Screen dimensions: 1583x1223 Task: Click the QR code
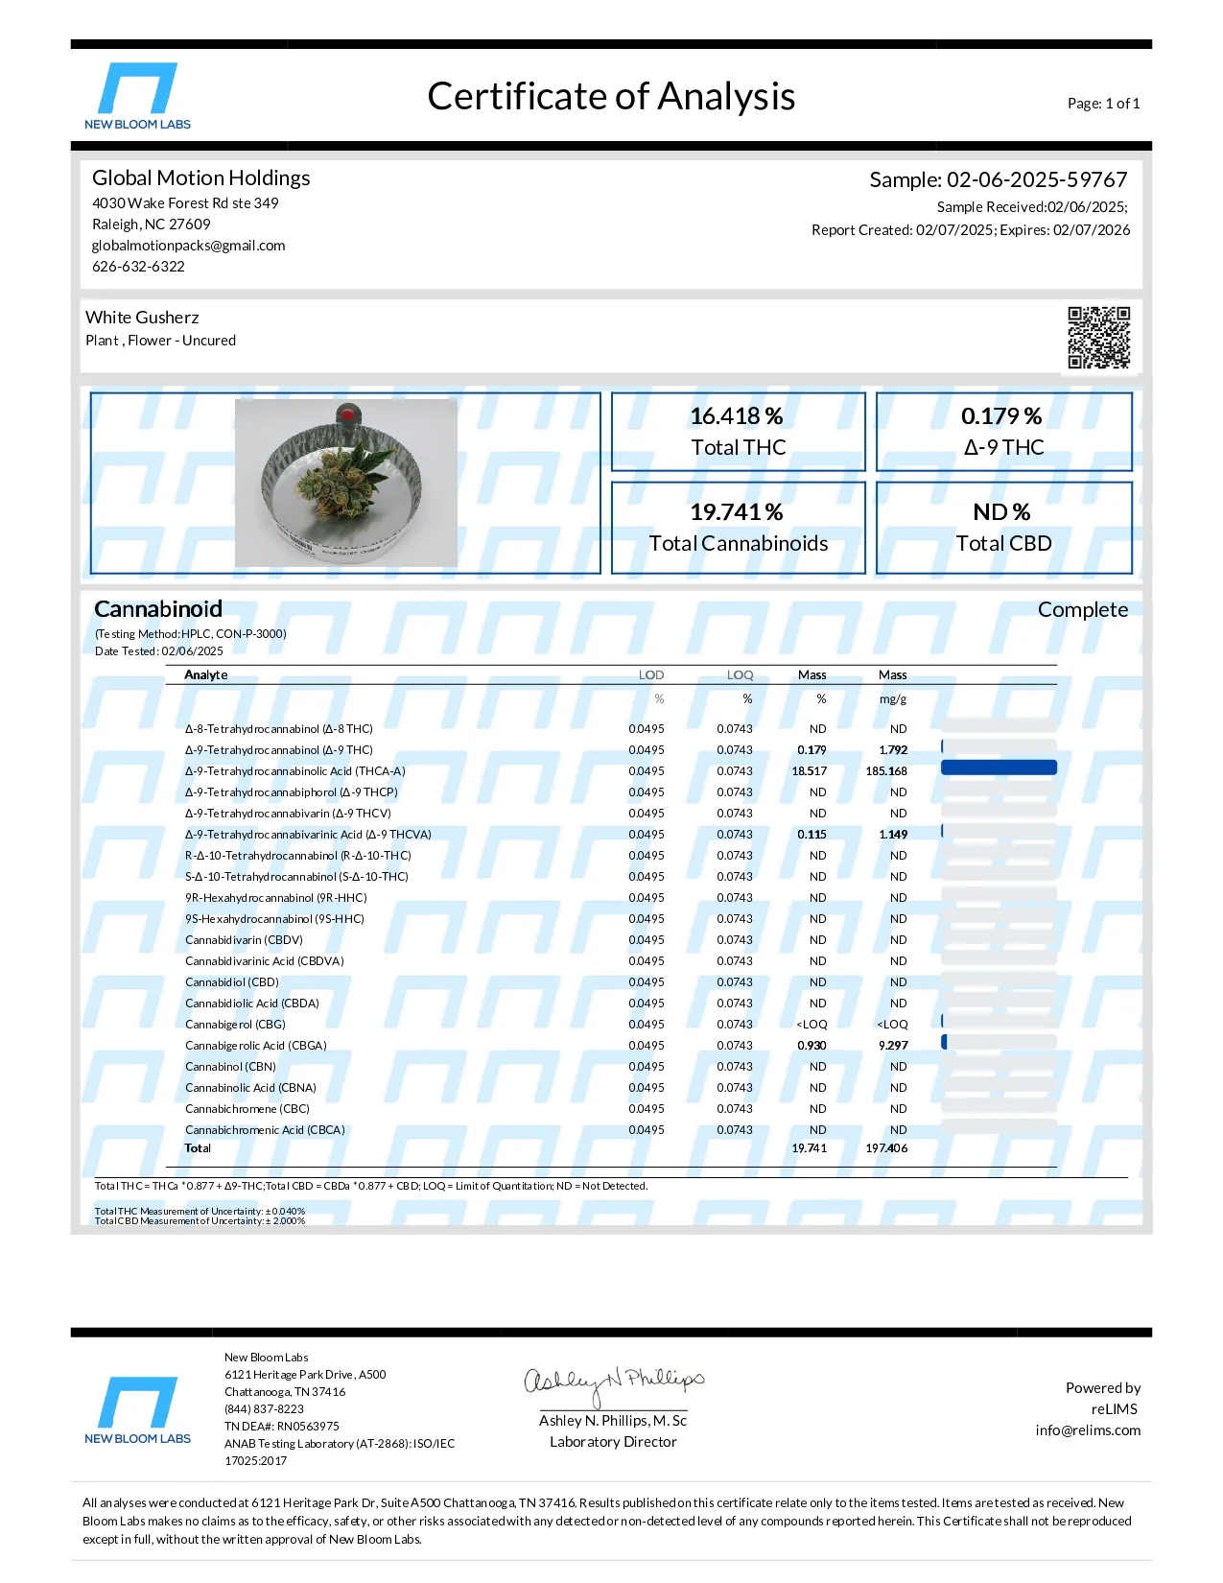(x=1098, y=338)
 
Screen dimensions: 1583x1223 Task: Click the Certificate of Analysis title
(x=611, y=97)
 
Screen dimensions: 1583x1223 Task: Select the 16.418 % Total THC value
(x=737, y=416)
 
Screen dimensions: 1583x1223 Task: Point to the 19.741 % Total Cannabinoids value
(x=737, y=512)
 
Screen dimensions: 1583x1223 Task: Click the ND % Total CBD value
(x=1001, y=512)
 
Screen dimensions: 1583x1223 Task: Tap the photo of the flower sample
(x=345, y=483)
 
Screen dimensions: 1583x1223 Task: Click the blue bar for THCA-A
(x=999, y=768)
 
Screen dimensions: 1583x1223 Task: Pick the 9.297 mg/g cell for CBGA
(x=892, y=1046)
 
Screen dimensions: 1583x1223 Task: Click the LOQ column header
(x=740, y=675)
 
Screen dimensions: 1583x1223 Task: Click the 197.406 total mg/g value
(x=886, y=1148)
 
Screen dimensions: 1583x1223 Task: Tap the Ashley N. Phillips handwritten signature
(x=613, y=1382)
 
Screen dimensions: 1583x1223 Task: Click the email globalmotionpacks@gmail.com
(x=189, y=246)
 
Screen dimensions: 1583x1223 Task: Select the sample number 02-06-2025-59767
(x=1036, y=180)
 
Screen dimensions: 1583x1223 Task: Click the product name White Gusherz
(x=142, y=318)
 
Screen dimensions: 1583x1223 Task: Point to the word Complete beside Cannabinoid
(x=1082, y=610)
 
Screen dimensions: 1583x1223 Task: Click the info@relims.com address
(x=1088, y=1430)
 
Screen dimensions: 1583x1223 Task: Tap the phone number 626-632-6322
(x=138, y=267)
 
